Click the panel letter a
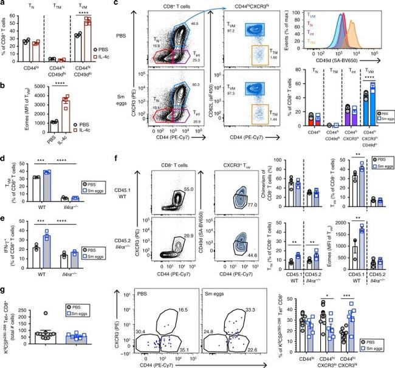pos(3,5)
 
